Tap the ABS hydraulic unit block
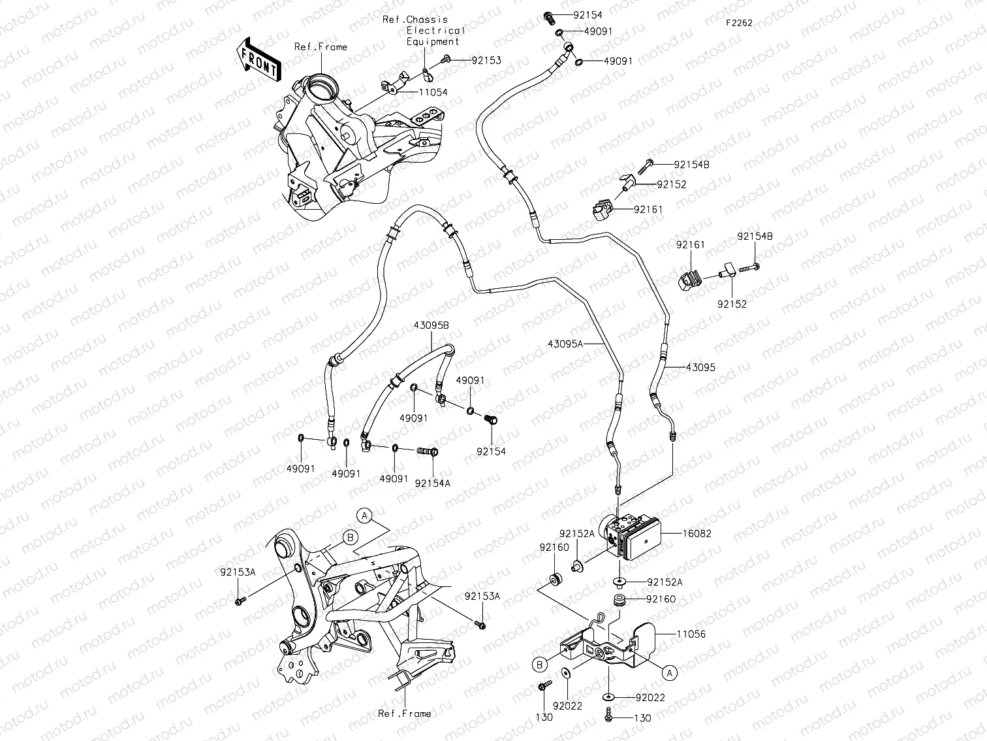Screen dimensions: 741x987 tap(630, 534)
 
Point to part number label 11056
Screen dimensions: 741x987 tap(691, 634)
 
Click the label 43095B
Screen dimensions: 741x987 tap(430, 325)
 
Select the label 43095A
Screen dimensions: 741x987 tap(565, 344)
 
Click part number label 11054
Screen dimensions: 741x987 tap(432, 92)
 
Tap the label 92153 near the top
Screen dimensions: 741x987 tap(486, 60)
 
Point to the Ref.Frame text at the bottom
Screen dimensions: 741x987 tap(404, 714)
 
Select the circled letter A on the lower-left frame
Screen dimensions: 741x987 tap(364, 515)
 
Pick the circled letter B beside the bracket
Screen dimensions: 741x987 tap(539, 665)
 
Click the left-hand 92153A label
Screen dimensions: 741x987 tap(237, 572)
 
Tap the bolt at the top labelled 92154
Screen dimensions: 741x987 tap(548, 15)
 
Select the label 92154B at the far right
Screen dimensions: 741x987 tap(755, 237)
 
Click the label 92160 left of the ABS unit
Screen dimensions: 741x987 tap(554, 548)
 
